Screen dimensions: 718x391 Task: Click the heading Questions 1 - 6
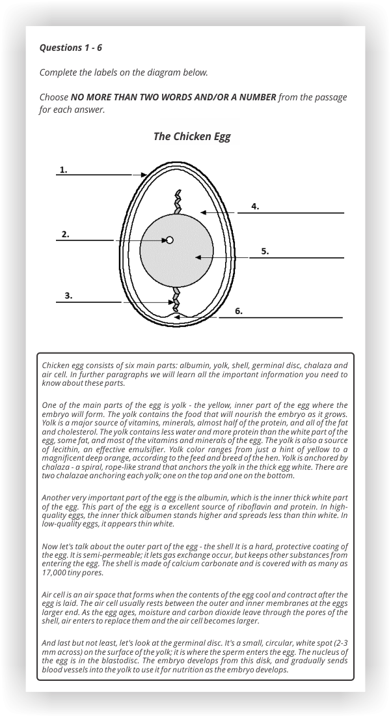pyautogui.click(x=71, y=48)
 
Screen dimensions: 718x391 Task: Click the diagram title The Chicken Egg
pyautogui.click(x=191, y=136)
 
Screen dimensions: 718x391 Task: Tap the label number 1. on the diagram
pyautogui.click(x=63, y=169)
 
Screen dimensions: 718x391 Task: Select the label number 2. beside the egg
pyautogui.click(x=65, y=234)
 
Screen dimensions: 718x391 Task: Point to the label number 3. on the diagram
pyautogui.click(x=68, y=296)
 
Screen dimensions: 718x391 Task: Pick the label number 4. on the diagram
pyautogui.click(x=255, y=207)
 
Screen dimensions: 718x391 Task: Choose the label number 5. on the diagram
pyautogui.click(x=265, y=251)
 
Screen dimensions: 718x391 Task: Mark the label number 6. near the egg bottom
pyautogui.click(x=239, y=311)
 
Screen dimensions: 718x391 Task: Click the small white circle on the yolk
pyautogui.click(x=170, y=240)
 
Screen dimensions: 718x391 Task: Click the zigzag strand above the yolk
pyautogui.click(x=176, y=202)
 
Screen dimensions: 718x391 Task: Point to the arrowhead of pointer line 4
pyautogui.click(x=203, y=212)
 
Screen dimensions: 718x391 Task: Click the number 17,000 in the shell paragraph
pyautogui.click(x=55, y=573)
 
